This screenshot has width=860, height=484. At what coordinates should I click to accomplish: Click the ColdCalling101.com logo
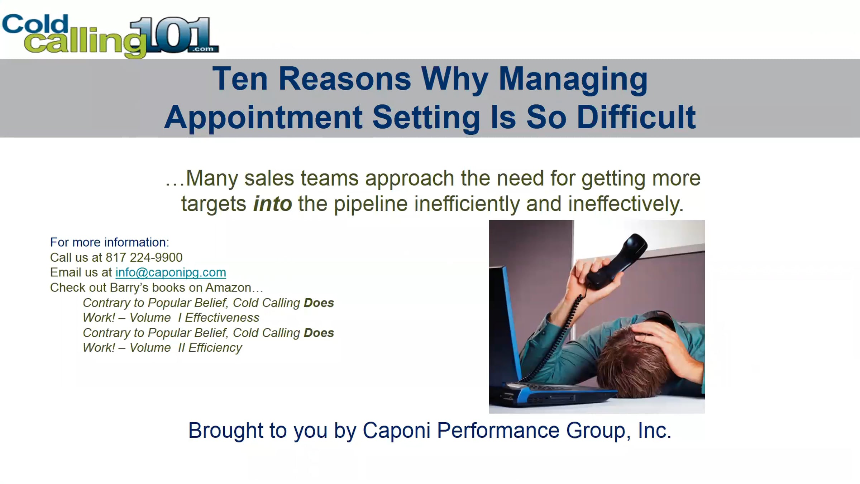click(110, 36)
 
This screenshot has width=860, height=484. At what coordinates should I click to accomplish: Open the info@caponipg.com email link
click(171, 272)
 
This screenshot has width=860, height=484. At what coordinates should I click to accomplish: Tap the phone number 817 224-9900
click(144, 257)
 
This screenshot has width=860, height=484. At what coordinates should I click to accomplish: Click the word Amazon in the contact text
click(228, 288)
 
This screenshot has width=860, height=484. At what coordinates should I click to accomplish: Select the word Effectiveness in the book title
click(222, 318)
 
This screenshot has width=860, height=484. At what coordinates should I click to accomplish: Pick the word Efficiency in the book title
click(215, 348)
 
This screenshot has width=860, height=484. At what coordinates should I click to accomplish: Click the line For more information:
click(109, 242)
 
